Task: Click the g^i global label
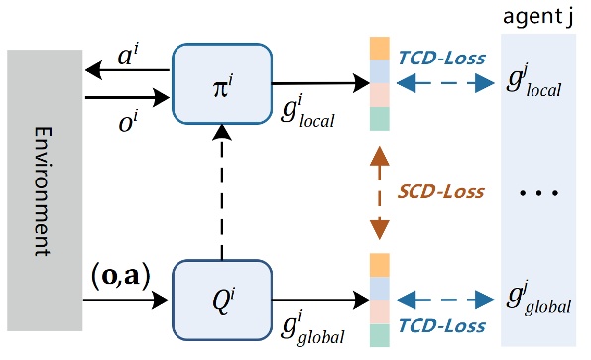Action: tap(308, 324)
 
